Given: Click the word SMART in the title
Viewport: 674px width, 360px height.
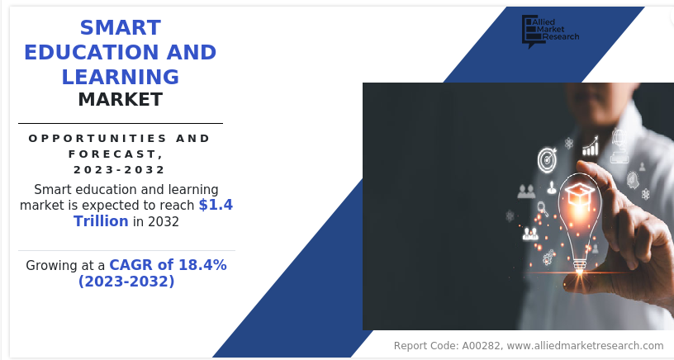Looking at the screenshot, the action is (x=121, y=27).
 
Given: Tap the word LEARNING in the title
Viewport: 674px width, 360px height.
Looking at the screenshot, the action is (x=121, y=77).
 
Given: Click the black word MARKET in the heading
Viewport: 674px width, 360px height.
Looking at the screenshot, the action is (x=121, y=100).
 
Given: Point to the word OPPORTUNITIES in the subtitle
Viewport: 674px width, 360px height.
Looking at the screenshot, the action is (x=97, y=139).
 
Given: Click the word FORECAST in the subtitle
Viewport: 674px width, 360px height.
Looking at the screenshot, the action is (x=113, y=154).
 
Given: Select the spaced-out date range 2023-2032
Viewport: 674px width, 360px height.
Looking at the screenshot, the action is (x=119, y=170).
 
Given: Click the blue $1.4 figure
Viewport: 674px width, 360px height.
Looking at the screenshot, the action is (x=216, y=205).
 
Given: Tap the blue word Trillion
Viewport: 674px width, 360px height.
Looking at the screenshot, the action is (x=101, y=221).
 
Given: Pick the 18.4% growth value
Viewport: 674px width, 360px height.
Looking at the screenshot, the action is (x=202, y=265).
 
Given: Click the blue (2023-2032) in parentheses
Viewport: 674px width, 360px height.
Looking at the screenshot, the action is (x=126, y=282).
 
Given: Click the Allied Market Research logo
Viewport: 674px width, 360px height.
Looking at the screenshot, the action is (x=551, y=31).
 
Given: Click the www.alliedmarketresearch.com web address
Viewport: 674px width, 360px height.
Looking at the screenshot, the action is (x=585, y=346).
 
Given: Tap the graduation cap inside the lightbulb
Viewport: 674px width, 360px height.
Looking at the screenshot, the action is (x=579, y=195).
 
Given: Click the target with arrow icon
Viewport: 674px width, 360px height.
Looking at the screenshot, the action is (x=547, y=160).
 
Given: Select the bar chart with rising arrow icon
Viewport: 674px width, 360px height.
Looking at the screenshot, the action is (x=591, y=146).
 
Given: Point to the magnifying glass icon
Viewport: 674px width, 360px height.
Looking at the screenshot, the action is (x=543, y=209).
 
